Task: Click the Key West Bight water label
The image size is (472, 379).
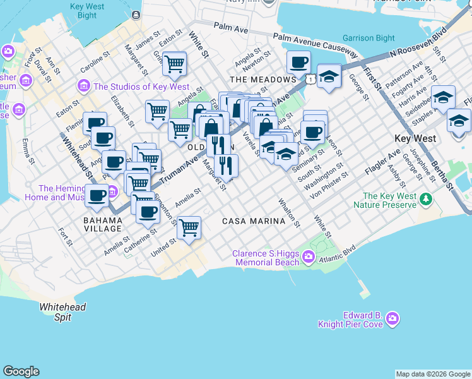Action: pos(88,10)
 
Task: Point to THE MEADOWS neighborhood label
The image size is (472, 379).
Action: pos(263,80)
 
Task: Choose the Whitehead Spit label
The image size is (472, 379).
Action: pos(62,312)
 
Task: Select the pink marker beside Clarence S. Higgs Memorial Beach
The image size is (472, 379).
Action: pos(309,256)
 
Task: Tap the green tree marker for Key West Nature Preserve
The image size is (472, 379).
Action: pos(427,200)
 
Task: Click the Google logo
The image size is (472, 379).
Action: pos(21,371)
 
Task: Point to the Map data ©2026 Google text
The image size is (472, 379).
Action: pos(433,374)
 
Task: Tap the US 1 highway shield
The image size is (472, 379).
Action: pos(309,79)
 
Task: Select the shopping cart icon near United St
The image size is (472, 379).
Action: pos(189,227)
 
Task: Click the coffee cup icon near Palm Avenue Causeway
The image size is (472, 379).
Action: pos(298,62)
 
